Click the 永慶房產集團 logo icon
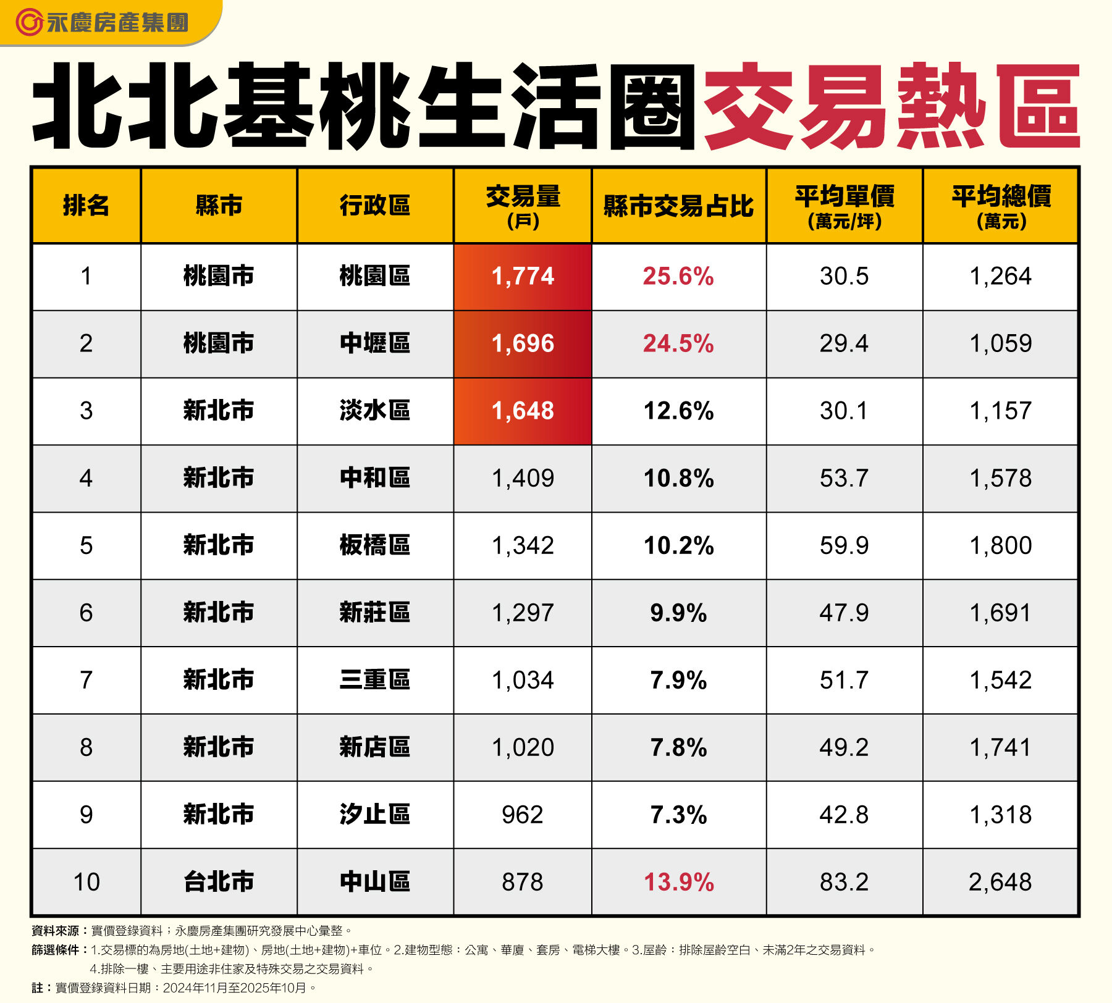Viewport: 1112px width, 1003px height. (x=28, y=23)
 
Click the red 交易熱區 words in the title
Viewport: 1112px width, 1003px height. (x=890, y=106)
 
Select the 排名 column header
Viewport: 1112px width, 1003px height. (x=86, y=206)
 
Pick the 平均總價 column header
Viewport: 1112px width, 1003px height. (x=1001, y=206)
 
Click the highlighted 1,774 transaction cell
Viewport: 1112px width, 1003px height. (x=523, y=277)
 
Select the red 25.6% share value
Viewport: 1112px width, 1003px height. (x=678, y=277)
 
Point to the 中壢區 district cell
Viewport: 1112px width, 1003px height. (x=375, y=344)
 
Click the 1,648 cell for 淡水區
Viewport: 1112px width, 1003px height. (x=523, y=411)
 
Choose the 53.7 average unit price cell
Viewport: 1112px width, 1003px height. (x=844, y=479)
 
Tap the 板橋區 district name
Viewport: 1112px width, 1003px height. (x=375, y=546)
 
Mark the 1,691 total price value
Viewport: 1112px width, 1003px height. (x=1000, y=613)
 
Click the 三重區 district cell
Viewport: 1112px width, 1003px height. (x=375, y=681)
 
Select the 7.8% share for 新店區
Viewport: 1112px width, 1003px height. (x=678, y=748)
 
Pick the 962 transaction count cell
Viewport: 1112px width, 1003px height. (x=523, y=815)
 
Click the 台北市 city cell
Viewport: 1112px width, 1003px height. (x=219, y=883)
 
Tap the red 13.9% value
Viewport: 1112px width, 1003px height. (x=678, y=883)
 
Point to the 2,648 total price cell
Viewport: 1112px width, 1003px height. (x=1000, y=883)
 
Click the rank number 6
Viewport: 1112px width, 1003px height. (x=86, y=613)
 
